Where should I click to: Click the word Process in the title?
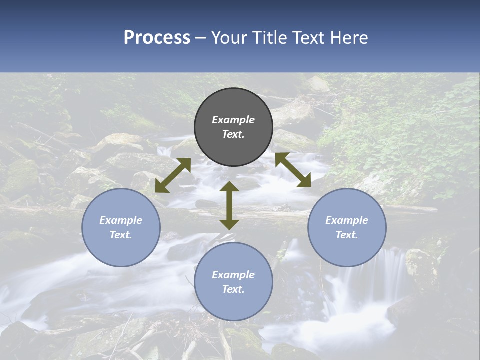pyautogui.click(x=157, y=38)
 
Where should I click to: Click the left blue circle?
pyautogui.click(x=121, y=227)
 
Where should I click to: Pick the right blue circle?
pyautogui.click(x=347, y=227)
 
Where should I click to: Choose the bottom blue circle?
pyautogui.click(x=233, y=281)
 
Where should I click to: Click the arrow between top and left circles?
pyautogui.click(x=173, y=175)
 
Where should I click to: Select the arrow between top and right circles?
pyautogui.click(x=293, y=170)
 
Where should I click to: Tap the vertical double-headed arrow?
pyautogui.click(x=229, y=205)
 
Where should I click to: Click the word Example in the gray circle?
pyautogui.click(x=233, y=120)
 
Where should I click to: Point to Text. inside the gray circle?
pyautogui.click(x=233, y=135)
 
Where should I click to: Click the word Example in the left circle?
pyautogui.click(x=121, y=220)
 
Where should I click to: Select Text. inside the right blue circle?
pyautogui.click(x=347, y=235)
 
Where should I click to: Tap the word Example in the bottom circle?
pyautogui.click(x=233, y=275)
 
